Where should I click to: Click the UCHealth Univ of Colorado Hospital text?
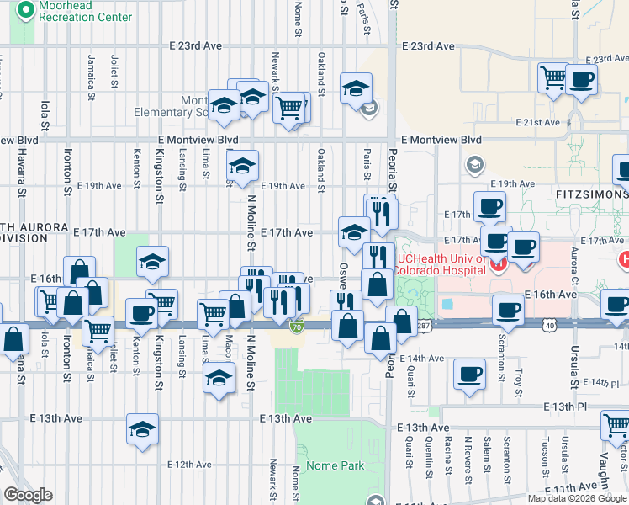click(x=442, y=265)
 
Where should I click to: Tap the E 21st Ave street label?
click(x=536, y=122)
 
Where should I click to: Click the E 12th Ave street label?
click(x=189, y=464)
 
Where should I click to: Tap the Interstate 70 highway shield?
click(x=296, y=326)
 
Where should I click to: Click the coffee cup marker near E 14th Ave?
click(x=469, y=374)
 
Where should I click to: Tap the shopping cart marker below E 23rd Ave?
click(x=555, y=78)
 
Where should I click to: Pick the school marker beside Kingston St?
click(x=153, y=261)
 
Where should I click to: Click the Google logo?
click(x=28, y=495)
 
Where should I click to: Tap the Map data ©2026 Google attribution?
click(x=577, y=498)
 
